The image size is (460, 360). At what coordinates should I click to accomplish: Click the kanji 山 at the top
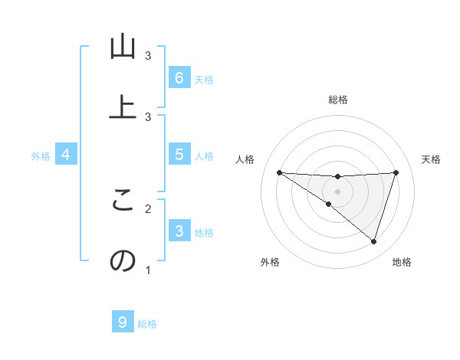(122, 47)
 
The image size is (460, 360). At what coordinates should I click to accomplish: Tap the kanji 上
(122, 107)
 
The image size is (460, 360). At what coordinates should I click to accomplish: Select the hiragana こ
(122, 201)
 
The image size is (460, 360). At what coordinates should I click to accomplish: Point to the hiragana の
(122, 261)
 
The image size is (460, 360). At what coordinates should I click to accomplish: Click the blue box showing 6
(179, 78)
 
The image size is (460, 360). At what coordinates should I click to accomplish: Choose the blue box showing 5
(179, 155)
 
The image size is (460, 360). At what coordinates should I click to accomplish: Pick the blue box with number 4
(66, 155)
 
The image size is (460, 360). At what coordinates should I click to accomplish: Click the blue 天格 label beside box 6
(204, 80)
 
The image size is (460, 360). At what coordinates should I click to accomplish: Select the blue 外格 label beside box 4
(41, 156)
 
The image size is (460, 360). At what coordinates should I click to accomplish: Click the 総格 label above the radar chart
(337, 100)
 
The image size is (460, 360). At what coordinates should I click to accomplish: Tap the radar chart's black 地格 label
(402, 262)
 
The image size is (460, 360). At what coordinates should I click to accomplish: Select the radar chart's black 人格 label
(245, 159)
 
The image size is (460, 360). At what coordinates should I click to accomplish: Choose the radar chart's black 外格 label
(270, 262)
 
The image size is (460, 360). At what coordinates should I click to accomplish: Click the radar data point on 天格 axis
(396, 172)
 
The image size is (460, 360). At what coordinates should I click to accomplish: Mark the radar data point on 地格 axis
(373, 241)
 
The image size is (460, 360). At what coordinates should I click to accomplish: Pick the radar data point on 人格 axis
(279, 172)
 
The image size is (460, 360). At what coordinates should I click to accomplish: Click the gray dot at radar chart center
(337, 191)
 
